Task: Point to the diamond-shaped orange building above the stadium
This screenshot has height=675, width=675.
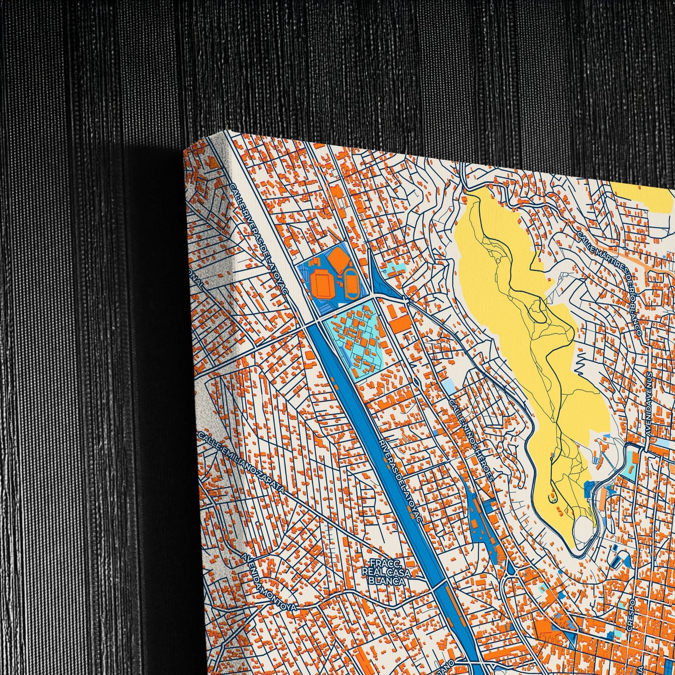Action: tap(337, 258)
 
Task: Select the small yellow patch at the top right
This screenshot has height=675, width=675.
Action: tap(645, 196)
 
